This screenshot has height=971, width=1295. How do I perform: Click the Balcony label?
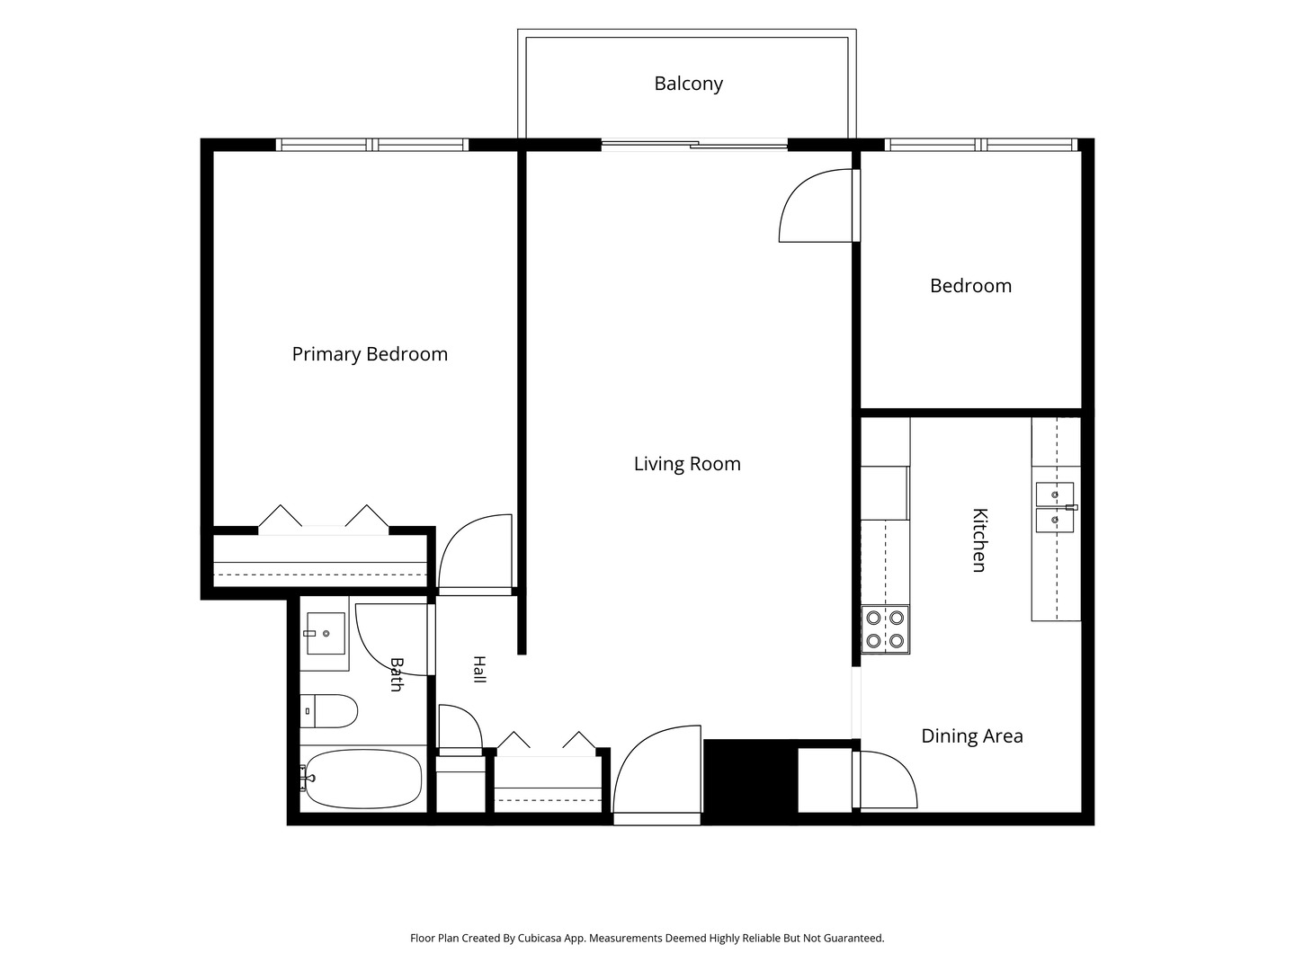pyautogui.click(x=688, y=84)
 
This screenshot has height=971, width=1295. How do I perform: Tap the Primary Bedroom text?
pyautogui.click(x=370, y=353)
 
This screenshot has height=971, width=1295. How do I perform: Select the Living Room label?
pyautogui.click(x=687, y=463)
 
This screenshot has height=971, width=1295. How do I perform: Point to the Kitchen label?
pyautogui.click(x=979, y=540)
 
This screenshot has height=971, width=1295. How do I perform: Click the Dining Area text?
pyautogui.click(x=971, y=735)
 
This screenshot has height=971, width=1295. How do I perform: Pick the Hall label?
pyautogui.click(x=479, y=669)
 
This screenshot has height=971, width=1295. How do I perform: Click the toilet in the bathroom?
pyautogui.click(x=328, y=711)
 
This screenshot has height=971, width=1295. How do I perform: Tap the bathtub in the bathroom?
pyautogui.click(x=362, y=779)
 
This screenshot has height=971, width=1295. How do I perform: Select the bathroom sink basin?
pyautogui.click(x=325, y=633)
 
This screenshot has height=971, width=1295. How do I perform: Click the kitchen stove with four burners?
pyautogui.click(x=885, y=629)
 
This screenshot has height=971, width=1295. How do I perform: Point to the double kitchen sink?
pyautogui.click(x=1056, y=507)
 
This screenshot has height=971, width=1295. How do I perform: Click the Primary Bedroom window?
pyautogui.click(x=372, y=145)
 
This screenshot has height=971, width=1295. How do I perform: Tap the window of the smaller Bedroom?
pyautogui.click(x=981, y=145)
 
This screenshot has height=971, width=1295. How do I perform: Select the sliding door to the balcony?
pyautogui.click(x=694, y=145)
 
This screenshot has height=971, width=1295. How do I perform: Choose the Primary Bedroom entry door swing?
pyautogui.click(x=475, y=554)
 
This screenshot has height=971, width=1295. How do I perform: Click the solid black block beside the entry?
pyautogui.click(x=749, y=781)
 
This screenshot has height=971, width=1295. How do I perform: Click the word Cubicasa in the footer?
pyautogui.click(x=540, y=938)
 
